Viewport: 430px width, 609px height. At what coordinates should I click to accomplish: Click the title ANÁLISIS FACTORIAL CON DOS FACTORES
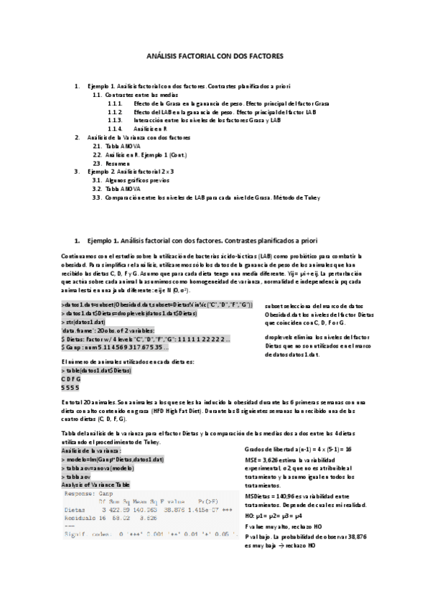point(215,55)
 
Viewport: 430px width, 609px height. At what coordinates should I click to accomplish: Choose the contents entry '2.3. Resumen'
point(116,163)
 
